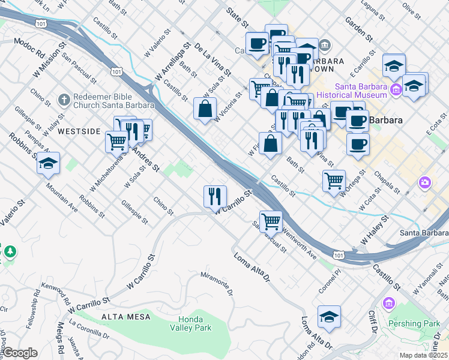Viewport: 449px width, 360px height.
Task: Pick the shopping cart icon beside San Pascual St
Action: tap(271, 221)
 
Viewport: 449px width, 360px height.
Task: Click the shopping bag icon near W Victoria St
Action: tap(205, 109)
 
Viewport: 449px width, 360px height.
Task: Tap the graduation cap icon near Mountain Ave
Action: tap(48, 163)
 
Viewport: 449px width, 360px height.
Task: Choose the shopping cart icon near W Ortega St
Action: tap(334, 179)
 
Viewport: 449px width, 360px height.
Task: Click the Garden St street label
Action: tap(359, 29)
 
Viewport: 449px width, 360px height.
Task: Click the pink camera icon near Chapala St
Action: tap(425, 182)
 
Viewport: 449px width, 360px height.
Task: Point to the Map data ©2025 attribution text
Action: tap(423, 355)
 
